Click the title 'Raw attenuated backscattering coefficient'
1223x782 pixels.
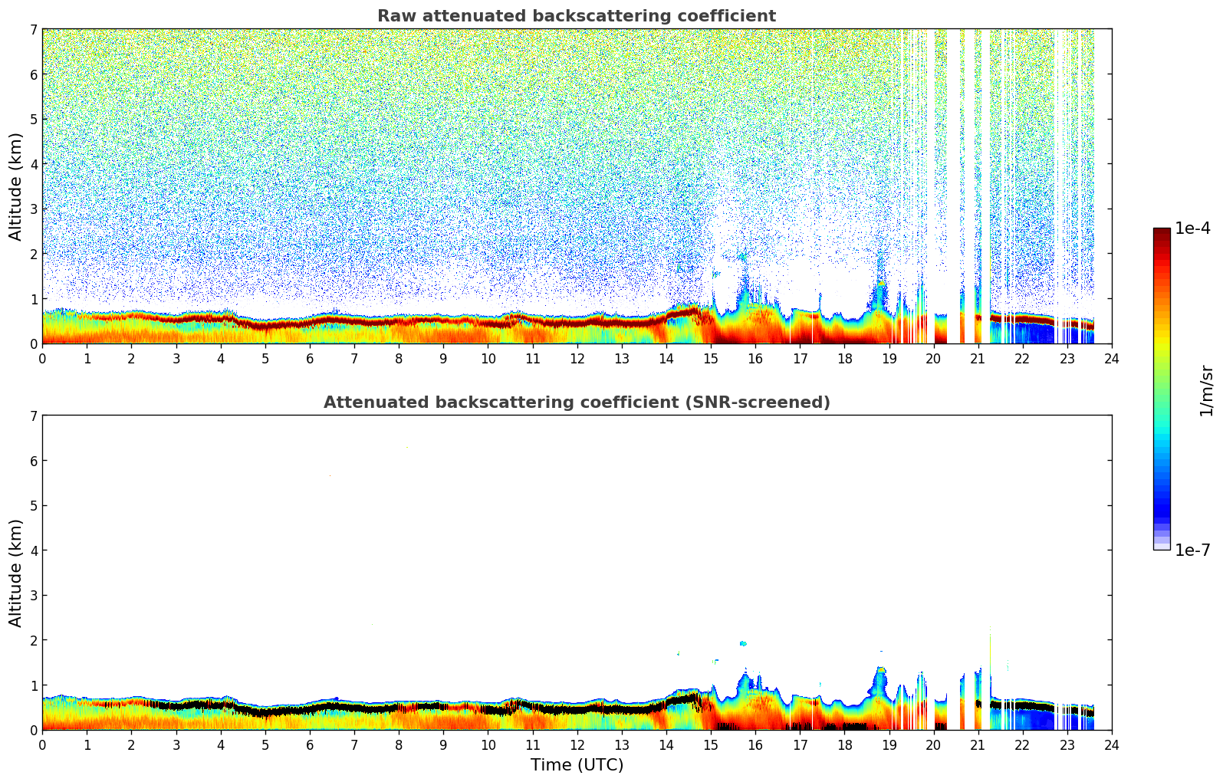(576, 16)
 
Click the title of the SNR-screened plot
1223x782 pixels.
(576, 402)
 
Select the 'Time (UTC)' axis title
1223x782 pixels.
(577, 765)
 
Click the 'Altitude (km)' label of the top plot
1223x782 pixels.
(15, 186)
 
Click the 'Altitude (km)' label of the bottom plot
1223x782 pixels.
(15, 573)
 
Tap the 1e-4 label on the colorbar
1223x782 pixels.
(1192, 228)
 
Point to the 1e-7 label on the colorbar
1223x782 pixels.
(1192, 550)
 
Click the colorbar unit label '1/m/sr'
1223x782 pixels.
(1206, 389)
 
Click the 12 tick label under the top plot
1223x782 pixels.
(577, 358)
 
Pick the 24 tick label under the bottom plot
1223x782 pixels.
(1111, 744)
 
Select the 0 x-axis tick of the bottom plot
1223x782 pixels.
(42, 744)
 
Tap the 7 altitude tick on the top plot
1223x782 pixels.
(33, 29)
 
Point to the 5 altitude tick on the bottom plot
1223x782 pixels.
(33, 505)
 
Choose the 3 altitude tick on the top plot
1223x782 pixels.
(33, 209)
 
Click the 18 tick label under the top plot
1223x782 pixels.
(844, 358)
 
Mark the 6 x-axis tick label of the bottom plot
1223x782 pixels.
(310, 744)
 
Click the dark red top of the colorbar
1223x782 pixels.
(1161, 232)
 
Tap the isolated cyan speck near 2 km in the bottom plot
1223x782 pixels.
(742, 643)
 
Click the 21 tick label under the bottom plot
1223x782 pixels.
(978, 744)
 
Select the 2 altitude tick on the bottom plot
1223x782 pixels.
(33, 640)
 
